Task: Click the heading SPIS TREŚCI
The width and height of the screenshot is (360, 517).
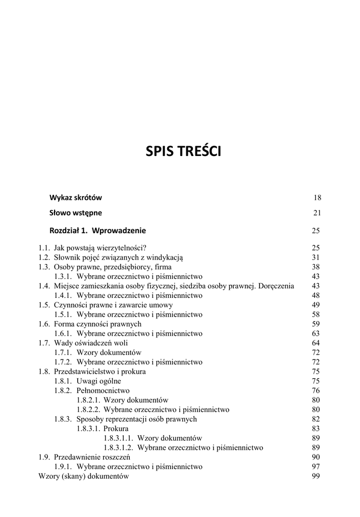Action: tap(183, 151)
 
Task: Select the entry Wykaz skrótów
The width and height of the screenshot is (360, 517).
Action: tap(76, 197)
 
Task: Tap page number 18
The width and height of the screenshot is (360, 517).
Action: tap(317, 198)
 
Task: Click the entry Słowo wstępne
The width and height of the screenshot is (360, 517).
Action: tap(75, 213)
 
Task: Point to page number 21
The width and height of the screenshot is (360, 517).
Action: tap(317, 213)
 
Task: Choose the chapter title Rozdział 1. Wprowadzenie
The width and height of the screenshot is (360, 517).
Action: tap(97, 231)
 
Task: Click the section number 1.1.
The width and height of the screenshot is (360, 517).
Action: tap(44, 248)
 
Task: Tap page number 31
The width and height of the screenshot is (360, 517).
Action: tap(317, 257)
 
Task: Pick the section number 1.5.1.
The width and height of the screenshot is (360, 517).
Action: tap(63, 315)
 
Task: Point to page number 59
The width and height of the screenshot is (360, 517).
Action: tap(317, 324)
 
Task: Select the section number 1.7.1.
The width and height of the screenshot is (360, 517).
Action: tap(63, 352)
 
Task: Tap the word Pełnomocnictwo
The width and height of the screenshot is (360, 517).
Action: tap(103, 390)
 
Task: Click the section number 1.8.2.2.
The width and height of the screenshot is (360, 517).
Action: tap(88, 409)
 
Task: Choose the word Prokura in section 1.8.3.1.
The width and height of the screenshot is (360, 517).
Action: tap(116, 429)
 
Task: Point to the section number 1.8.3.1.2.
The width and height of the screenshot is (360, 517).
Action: tap(118, 447)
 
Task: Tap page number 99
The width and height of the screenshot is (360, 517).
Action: tap(317, 476)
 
